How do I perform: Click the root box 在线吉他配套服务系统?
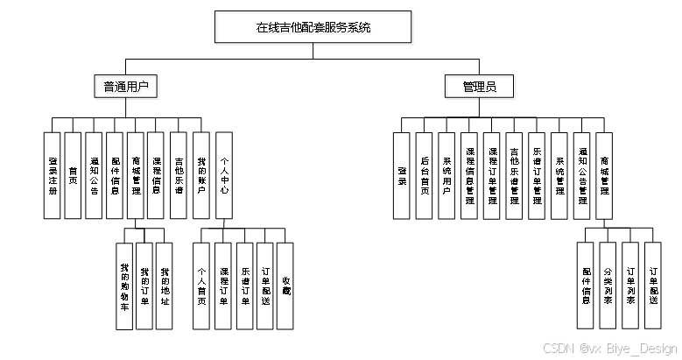tap(313, 27)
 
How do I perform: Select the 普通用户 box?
tap(125, 87)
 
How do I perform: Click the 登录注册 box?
tap(53, 175)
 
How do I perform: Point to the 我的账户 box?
tap(200, 175)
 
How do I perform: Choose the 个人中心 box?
tap(224, 175)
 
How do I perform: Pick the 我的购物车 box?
tap(124, 286)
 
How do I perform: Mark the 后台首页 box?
tap(425, 175)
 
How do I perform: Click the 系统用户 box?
tap(446, 175)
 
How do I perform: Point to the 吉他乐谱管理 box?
tap(515, 175)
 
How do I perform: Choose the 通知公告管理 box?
tap(582, 175)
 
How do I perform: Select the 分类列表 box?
tap(608, 286)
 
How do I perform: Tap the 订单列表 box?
tap(631, 286)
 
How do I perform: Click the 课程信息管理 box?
tap(469, 175)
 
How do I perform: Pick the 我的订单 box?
tap(144, 286)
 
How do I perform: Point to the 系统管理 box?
tap(559, 175)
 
